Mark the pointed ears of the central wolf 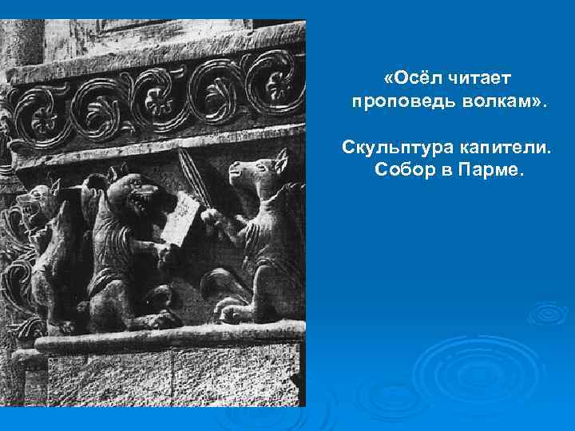(120, 177)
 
